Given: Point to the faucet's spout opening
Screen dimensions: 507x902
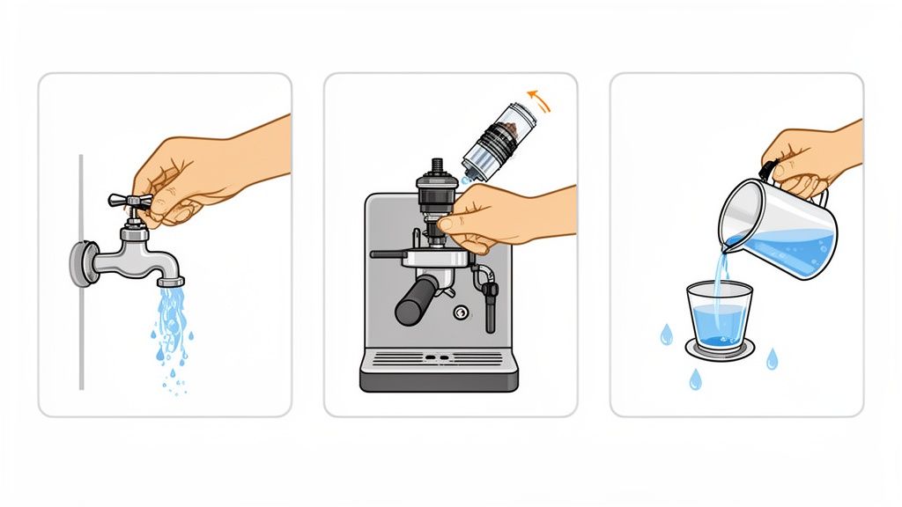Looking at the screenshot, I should [171, 282].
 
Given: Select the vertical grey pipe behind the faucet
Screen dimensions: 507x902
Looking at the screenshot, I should [81, 352].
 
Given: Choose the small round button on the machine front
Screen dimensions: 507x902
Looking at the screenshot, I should [460, 312].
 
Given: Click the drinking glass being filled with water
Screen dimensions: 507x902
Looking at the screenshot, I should [719, 315].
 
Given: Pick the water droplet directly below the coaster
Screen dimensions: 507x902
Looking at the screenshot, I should [696, 378].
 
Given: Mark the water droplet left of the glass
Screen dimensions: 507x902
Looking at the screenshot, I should [667, 334].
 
